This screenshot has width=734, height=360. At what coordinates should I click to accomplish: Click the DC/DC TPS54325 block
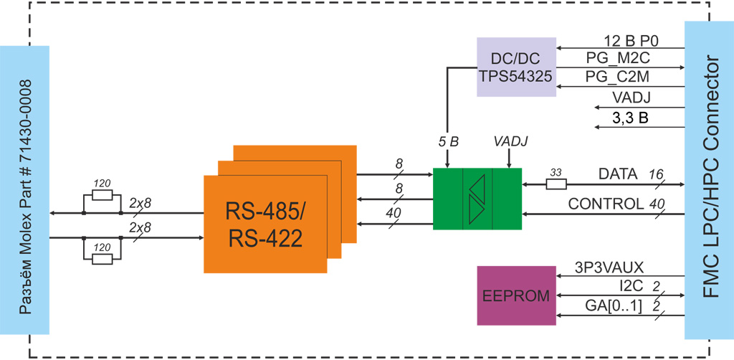click(x=516, y=66)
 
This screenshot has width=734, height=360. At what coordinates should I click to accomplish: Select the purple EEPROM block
click(x=516, y=295)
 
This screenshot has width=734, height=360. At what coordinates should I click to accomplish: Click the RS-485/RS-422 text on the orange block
click(x=265, y=224)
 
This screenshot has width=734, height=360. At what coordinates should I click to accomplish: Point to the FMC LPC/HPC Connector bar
click(x=708, y=179)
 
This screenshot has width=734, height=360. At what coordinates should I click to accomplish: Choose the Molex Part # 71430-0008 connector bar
click(x=24, y=190)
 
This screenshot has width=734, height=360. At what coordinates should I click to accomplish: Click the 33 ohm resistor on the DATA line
click(x=556, y=184)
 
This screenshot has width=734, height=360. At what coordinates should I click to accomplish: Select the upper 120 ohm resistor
click(x=103, y=195)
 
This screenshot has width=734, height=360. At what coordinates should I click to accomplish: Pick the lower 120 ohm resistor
click(x=103, y=257)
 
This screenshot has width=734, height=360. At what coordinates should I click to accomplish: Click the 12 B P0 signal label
click(x=631, y=40)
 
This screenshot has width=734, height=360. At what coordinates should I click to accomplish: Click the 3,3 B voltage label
click(x=631, y=118)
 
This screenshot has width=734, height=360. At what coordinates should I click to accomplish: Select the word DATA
click(x=618, y=174)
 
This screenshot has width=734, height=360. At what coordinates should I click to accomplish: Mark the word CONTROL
click(x=605, y=204)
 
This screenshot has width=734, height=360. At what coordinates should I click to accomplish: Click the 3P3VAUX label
click(x=609, y=267)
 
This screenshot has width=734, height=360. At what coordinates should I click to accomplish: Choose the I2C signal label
click(x=631, y=287)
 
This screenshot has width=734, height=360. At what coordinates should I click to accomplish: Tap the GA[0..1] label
click(x=614, y=306)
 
